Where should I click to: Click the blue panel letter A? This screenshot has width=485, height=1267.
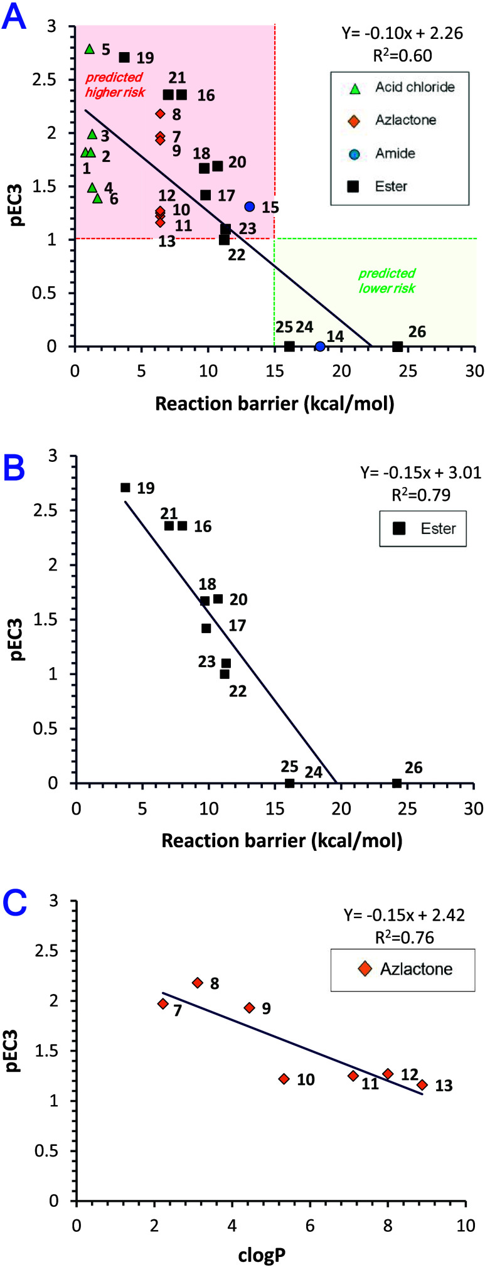pyautogui.click(x=14, y=17)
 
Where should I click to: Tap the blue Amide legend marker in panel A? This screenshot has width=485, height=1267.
pyautogui.click(x=354, y=154)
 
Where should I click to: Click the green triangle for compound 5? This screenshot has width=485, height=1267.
pyautogui.click(x=89, y=49)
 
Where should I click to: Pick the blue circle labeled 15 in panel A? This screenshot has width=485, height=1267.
pyautogui.click(x=250, y=206)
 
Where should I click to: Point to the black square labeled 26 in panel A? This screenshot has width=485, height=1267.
pyautogui.click(x=397, y=346)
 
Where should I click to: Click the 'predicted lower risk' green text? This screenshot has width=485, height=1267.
pyautogui.click(x=387, y=281)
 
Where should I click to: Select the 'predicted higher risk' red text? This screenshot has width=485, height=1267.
pyautogui.click(x=115, y=85)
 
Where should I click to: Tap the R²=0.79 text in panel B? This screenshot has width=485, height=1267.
pyautogui.click(x=421, y=495)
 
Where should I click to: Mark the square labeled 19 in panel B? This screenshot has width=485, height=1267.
pyautogui.click(x=125, y=488)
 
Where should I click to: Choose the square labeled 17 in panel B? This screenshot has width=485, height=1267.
pyautogui.click(x=206, y=628)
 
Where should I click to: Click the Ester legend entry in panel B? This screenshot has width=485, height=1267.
pyautogui.click(x=424, y=528)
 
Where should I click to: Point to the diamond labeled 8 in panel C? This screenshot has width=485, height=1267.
pyautogui.click(x=198, y=983)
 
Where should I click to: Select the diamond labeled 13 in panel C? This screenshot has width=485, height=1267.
pyautogui.click(x=422, y=1084)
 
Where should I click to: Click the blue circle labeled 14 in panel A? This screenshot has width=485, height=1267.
pyautogui.click(x=320, y=346)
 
